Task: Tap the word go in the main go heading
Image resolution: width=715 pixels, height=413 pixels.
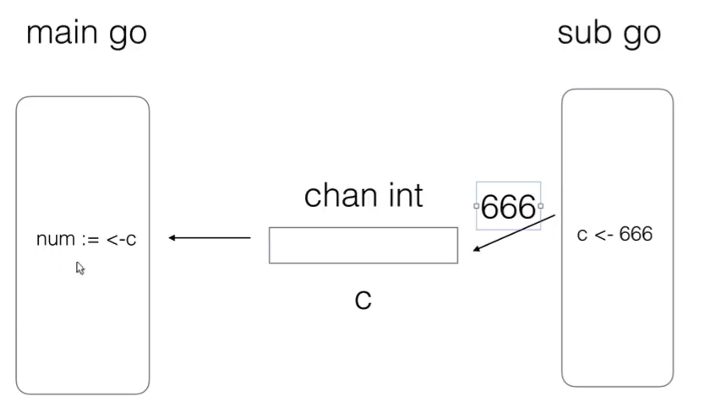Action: [126, 36]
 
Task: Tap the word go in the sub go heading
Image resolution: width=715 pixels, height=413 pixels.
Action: [641, 36]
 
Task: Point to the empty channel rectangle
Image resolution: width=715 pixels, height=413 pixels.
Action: [363, 245]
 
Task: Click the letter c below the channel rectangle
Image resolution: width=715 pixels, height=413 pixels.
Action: [363, 300]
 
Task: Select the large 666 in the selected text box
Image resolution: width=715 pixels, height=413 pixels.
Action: [508, 207]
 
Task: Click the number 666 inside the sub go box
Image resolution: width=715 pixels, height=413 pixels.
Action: [636, 234]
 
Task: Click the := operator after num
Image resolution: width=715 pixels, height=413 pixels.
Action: [90, 240]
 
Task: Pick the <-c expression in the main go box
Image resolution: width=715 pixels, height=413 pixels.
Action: [121, 240]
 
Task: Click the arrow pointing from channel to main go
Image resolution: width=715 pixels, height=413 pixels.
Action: [210, 238]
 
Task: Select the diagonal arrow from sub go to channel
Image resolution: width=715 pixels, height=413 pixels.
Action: [513, 233]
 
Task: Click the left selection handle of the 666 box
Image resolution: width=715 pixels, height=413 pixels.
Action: [477, 206]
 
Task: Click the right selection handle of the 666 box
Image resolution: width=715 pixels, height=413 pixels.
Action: [540, 206]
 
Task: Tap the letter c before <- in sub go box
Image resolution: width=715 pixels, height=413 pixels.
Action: [581, 235]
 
